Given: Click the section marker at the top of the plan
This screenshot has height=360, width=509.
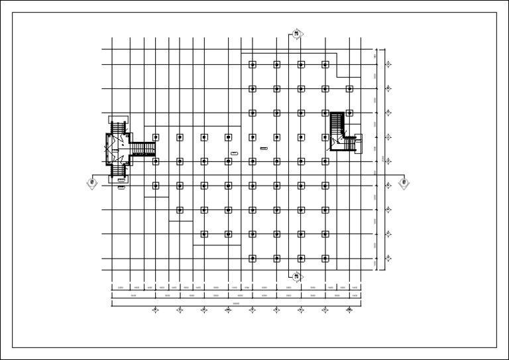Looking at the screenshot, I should tap(297, 34).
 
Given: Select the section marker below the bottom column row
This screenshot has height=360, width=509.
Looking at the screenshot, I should tap(297, 276).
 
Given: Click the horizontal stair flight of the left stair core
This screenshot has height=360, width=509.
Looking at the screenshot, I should tap(141, 149).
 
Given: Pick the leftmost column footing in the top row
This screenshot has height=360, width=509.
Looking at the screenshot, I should tap(253, 64).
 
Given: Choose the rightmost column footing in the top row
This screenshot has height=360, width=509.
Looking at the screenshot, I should tap(325, 64).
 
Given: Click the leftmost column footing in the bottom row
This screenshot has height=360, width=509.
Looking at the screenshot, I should tap(253, 259).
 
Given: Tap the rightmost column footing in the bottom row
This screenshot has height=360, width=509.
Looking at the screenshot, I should tap(325, 259).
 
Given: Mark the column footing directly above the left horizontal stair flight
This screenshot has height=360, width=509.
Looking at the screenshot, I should tap(156, 137).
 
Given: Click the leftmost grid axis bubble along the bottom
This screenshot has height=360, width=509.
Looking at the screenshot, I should tap(156, 310).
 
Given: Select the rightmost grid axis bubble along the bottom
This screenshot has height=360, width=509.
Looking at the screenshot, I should tap(349, 310).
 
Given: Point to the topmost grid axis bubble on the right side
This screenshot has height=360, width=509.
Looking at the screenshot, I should tap(388, 64).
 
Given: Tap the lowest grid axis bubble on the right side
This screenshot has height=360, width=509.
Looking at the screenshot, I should tap(388, 259).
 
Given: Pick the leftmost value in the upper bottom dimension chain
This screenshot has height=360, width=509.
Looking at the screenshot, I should tap(120, 288).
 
